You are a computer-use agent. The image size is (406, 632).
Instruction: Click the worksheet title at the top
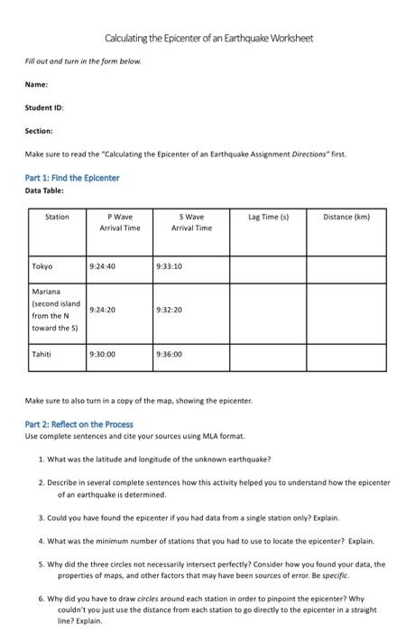click(x=208, y=39)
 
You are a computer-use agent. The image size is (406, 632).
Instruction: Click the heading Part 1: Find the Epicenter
click(x=72, y=177)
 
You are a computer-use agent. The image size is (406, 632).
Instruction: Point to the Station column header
click(x=56, y=218)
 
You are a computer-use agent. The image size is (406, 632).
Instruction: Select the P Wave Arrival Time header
click(x=119, y=222)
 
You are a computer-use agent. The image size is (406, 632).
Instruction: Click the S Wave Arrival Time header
click(x=191, y=222)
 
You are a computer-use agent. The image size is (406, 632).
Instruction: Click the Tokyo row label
click(x=42, y=266)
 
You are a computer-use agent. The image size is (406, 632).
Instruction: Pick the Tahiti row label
click(x=42, y=354)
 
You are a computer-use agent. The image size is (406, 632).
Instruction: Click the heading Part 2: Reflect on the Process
click(x=79, y=424)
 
